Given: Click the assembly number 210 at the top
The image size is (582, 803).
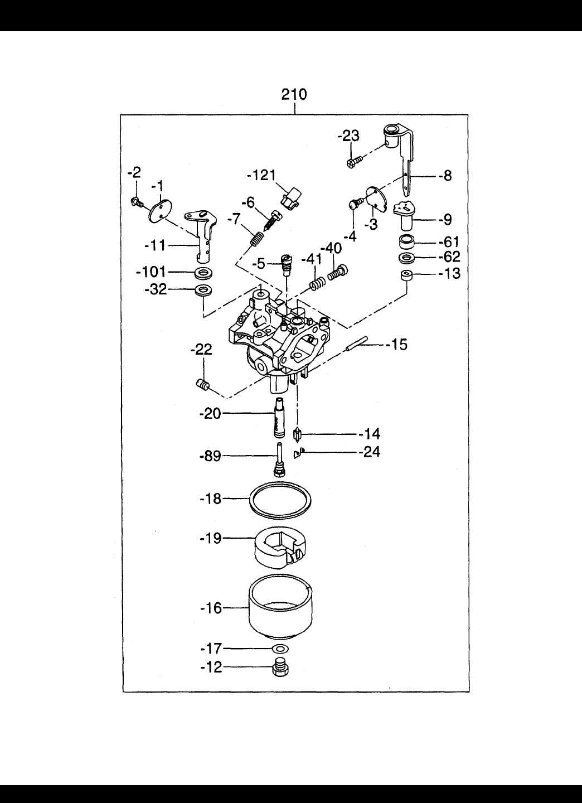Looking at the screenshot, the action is [294, 95].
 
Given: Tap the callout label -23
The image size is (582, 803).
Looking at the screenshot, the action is [349, 137].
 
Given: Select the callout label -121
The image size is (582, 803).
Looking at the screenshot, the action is [261, 176].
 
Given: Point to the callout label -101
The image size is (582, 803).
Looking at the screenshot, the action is [151, 272].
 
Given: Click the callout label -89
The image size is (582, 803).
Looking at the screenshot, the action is [210, 456].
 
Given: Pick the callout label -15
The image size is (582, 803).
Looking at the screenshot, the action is [397, 345].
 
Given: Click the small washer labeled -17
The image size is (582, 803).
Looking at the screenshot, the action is [280, 649].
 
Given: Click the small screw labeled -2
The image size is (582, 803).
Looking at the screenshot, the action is [136, 202].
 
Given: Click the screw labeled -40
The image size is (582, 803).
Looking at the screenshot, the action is [338, 273].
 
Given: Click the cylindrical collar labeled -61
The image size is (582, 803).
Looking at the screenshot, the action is [406, 243].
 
